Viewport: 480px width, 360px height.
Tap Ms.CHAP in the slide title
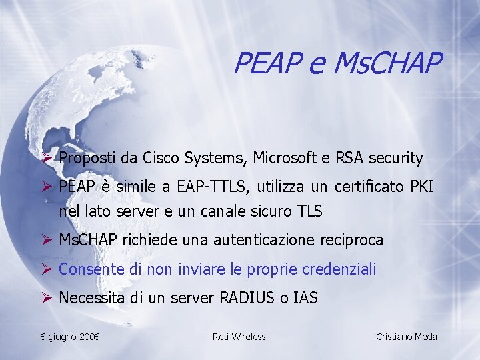point(388,64)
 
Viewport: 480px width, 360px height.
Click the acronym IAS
point(305,299)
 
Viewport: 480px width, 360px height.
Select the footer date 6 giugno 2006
point(69,337)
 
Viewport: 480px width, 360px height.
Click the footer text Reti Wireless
point(239,337)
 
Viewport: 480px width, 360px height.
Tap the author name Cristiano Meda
point(407,337)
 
